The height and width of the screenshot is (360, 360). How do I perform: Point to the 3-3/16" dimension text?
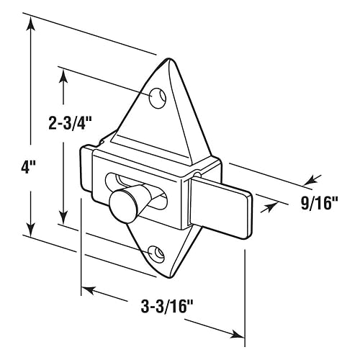tap(168, 307)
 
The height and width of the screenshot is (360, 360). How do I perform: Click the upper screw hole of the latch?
tap(158, 98)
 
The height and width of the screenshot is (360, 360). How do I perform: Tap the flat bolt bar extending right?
tap(221, 206)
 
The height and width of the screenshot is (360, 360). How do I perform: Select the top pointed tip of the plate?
tap(169, 59)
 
